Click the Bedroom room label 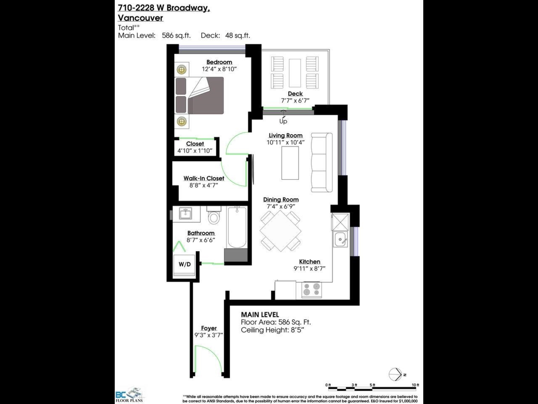(x=219, y=62)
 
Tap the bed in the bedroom (x=200, y=95)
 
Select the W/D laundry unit (x=184, y=264)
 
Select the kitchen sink (x=340, y=240)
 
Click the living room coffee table (x=290, y=162)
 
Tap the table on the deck (x=295, y=73)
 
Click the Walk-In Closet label (x=204, y=178)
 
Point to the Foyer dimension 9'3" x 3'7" (x=209, y=335)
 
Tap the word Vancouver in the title (x=140, y=18)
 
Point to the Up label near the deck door (x=283, y=121)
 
